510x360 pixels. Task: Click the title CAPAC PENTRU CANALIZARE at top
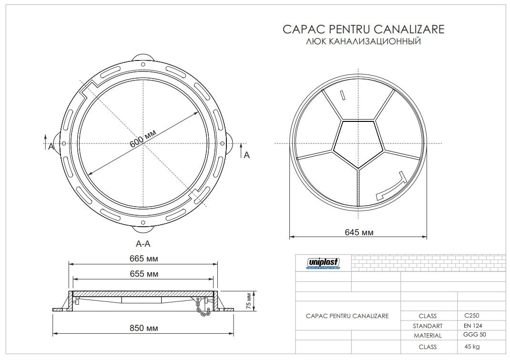363,30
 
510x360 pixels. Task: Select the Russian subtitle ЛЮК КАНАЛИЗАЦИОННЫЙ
363,42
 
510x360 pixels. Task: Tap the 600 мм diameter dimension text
143,141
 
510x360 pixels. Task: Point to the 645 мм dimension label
358,232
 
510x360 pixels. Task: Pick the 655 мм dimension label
143,274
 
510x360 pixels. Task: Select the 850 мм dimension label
143,328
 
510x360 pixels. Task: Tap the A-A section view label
143,243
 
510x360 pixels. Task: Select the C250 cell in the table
472,315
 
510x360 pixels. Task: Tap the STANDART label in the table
428,326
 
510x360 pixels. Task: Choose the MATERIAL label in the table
428,336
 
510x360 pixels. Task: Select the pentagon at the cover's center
357,142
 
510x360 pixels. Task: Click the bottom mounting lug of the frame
143,229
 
